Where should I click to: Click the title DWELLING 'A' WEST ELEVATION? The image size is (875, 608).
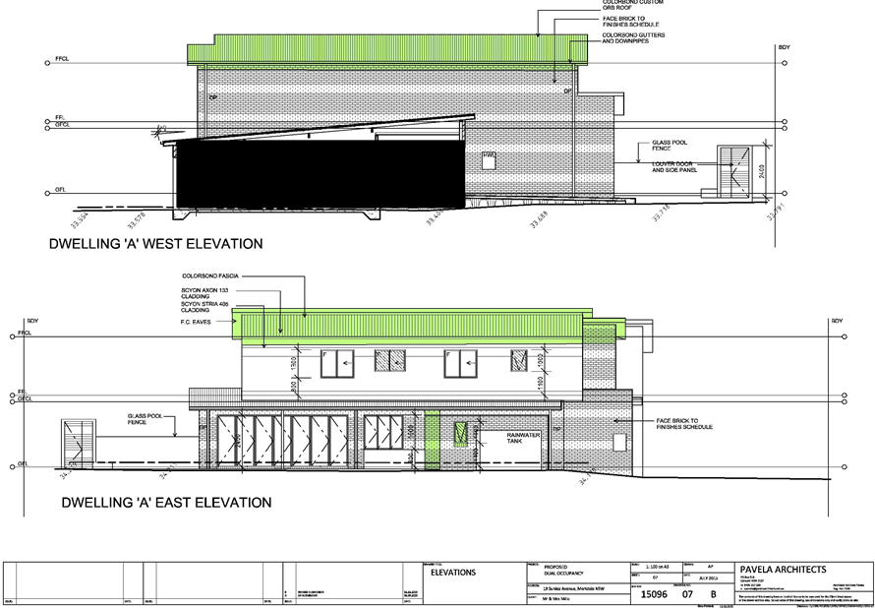pos(155,243)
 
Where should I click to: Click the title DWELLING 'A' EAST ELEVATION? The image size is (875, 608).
pos(166,503)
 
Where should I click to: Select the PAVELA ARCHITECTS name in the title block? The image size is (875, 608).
pos(783,570)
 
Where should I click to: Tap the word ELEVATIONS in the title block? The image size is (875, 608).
pos(453,573)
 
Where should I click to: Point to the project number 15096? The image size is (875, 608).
pos(655,594)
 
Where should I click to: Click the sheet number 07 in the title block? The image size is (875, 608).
pos(688,594)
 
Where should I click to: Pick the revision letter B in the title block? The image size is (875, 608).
pos(714,594)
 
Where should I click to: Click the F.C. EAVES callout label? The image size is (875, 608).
pos(197,321)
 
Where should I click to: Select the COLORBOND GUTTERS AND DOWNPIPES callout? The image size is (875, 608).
pos(633,38)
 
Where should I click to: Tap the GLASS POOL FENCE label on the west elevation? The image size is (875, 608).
pos(670,146)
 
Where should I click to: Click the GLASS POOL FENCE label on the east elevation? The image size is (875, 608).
pos(144,419)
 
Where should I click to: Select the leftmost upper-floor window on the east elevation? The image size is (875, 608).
pos(335,364)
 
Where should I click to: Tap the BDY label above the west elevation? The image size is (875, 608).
pos(784,46)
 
